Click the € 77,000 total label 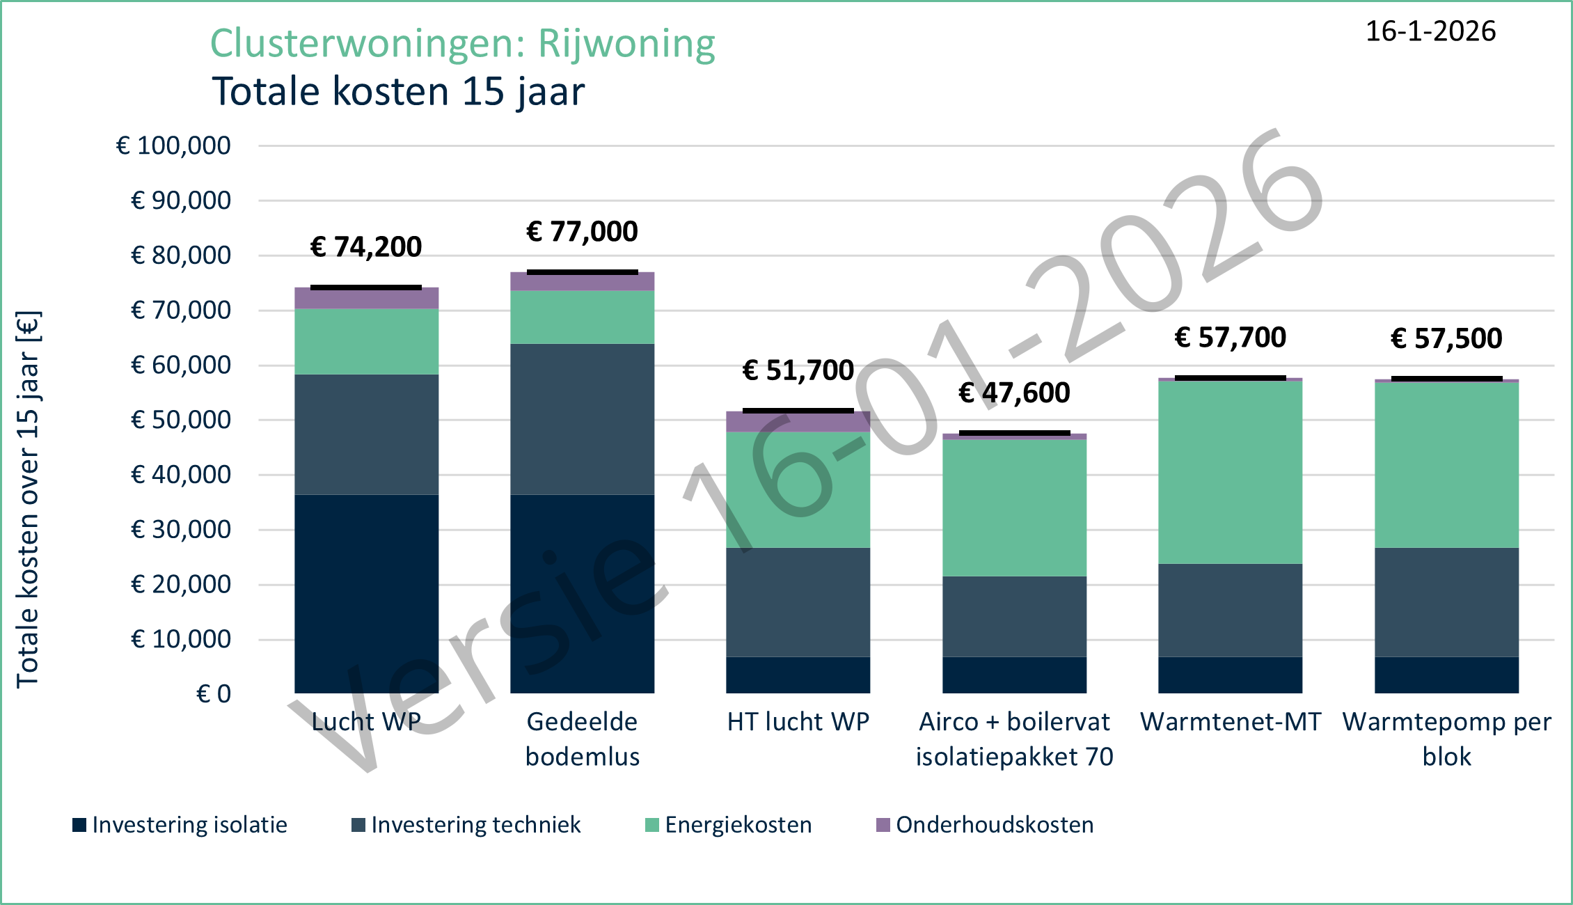tap(582, 232)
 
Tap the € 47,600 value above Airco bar tap(1014, 393)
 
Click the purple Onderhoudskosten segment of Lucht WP tap(366, 299)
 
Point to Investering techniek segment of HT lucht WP tap(798, 602)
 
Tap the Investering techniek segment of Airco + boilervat tap(1014, 616)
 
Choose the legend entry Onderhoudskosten tap(986, 825)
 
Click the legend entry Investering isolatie tap(180, 825)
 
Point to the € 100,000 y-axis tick tap(173, 146)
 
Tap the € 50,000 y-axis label tap(180, 420)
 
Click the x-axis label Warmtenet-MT tap(1230, 722)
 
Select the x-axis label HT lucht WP tap(798, 722)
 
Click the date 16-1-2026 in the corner tap(1430, 31)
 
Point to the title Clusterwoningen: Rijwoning tap(462, 43)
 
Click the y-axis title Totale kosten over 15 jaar tap(28, 500)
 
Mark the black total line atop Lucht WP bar tap(366, 288)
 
